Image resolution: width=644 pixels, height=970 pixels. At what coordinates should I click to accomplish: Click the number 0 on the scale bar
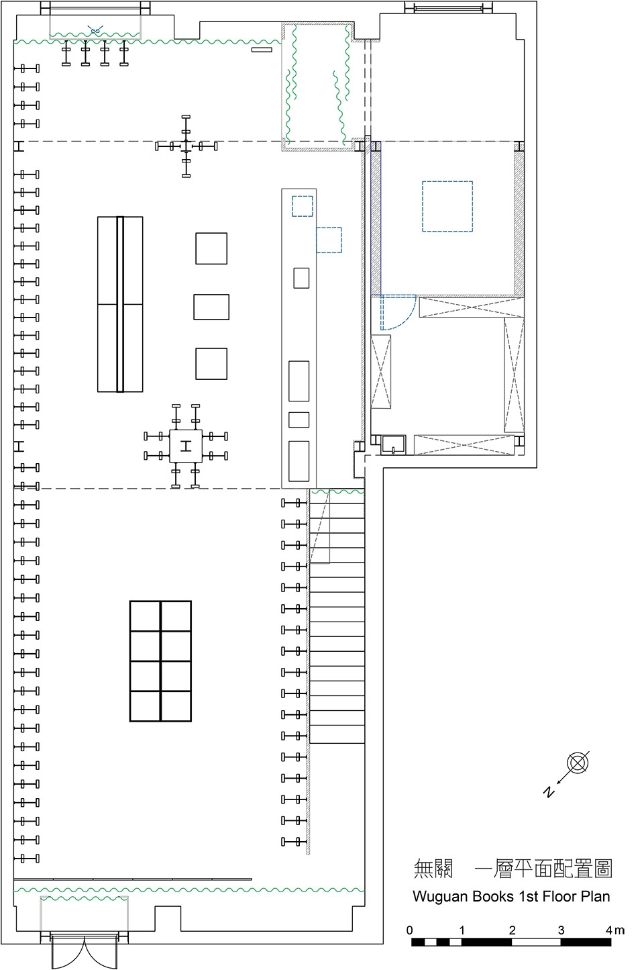[x=409, y=930]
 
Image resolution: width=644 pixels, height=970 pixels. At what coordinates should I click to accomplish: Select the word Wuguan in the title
[x=441, y=897]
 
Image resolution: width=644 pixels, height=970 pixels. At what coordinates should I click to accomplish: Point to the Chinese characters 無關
[x=433, y=869]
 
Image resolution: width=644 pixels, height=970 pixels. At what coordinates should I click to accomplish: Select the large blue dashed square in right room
[x=447, y=206]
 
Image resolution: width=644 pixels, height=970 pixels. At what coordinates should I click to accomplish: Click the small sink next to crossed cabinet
[x=393, y=445]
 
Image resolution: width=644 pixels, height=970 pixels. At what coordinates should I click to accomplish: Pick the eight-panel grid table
[x=160, y=661]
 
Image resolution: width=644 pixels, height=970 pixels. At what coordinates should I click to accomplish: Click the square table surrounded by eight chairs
[x=186, y=446]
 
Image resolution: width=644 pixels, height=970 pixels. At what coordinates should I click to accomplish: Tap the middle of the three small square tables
[x=211, y=307]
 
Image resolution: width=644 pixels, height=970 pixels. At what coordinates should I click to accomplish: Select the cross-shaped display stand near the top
[x=186, y=146]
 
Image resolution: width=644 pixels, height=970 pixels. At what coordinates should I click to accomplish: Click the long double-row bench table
[x=120, y=304]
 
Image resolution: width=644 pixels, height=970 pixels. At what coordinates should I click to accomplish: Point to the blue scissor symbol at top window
[x=95, y=31]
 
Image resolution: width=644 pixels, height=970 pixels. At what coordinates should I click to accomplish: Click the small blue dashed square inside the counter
[x=302, y=206]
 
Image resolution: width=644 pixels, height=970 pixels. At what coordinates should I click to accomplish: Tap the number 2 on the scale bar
[x=513, y=930]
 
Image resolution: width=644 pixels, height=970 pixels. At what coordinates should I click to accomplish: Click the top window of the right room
[x=448, y=7]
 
